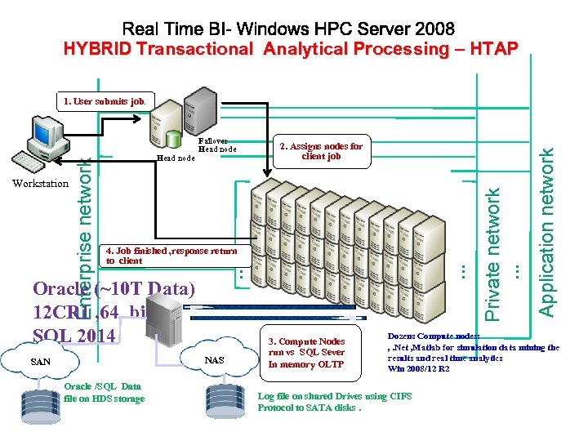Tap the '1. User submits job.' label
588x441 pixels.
(x=105, y=101)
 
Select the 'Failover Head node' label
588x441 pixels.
(x=216, y=145)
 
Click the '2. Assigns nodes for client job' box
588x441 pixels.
(x=321, y=151)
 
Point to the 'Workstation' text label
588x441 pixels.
(x=41, y=183)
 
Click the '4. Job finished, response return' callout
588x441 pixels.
(x=171, y=256)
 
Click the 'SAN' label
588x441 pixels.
(x=40, y=361)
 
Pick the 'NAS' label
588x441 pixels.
(x=214, y=360)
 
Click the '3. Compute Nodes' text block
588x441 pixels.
(x=306, y=353)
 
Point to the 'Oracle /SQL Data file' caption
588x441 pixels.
(x=103, y=392)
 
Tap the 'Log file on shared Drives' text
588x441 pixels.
(x=334, y=401)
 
